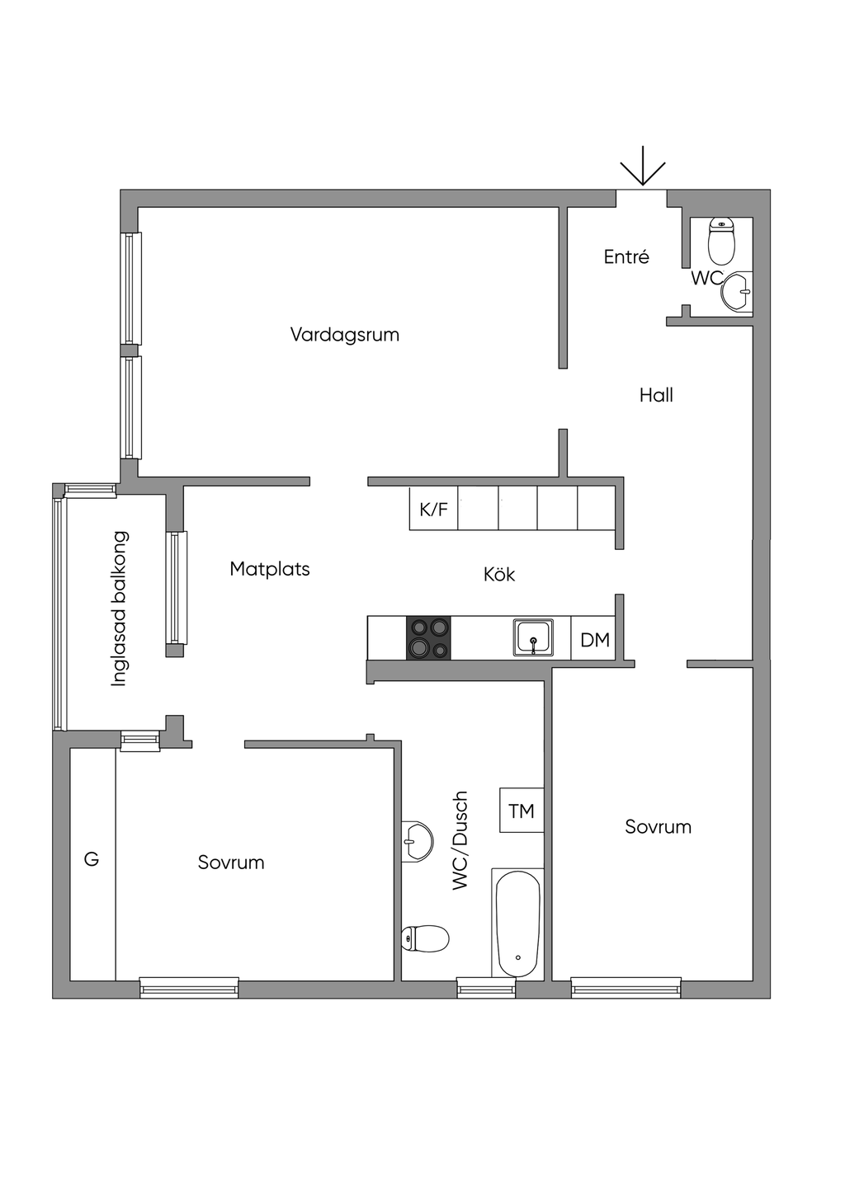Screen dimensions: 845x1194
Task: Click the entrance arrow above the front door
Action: click(x=643, y=167)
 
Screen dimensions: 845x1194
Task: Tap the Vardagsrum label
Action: click(x=345, y=335)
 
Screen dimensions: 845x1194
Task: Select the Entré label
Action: click(x=626, y=257)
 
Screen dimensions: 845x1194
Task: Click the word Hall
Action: click(x=656, y=396)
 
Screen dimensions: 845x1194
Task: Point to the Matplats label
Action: click(x=270, y=569)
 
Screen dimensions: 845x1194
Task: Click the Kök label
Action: click(x=499, y=575)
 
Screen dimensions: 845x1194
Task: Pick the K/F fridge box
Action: click(x=434, y=509)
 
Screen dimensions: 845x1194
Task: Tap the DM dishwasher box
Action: click(x=594, y=640)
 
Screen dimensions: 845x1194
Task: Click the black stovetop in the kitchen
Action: click(x=428, y=638)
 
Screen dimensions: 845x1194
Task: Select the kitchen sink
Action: click(x=534, y=638)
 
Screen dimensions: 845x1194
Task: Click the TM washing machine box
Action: click(x=522, y=811)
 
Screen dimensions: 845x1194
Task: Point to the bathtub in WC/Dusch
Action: click(x=517, y=924)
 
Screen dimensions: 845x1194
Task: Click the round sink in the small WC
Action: click(x=736, y=292)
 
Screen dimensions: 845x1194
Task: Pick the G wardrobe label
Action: click(x=92, y=859)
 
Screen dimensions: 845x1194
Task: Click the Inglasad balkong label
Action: click(x=120, y=609)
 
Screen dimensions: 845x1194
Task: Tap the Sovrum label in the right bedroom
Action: click(x=658, y=827)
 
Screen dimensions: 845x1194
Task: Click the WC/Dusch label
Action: click(x=460, y=840)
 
